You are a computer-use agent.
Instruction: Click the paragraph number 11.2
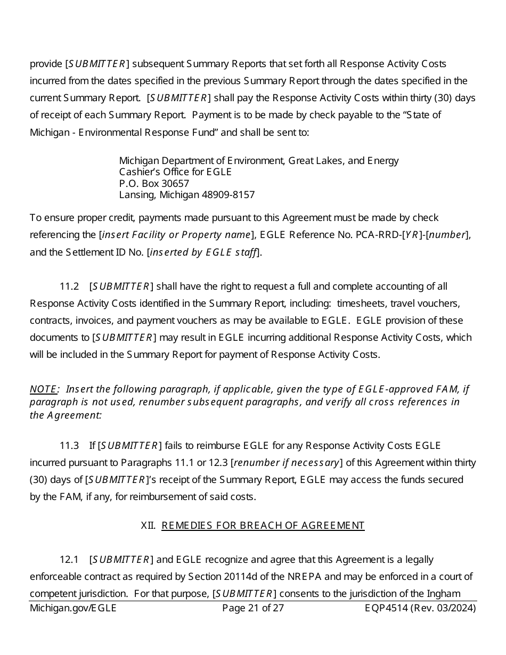click(69, 286)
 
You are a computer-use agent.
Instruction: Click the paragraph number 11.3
click(69, 445)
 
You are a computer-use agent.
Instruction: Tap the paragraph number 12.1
click(69, 560)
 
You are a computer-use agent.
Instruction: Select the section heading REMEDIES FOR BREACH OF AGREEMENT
click(263, 526)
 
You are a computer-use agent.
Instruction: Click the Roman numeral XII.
click(148, 526)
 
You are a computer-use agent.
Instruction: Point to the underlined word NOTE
click(43, 389)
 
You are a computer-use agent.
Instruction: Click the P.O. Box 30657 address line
click(154, 183)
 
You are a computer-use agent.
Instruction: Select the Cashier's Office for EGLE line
click(175, 172)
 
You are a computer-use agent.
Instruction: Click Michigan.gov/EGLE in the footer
click(73, 608)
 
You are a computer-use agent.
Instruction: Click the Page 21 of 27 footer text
click(253, 608)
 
